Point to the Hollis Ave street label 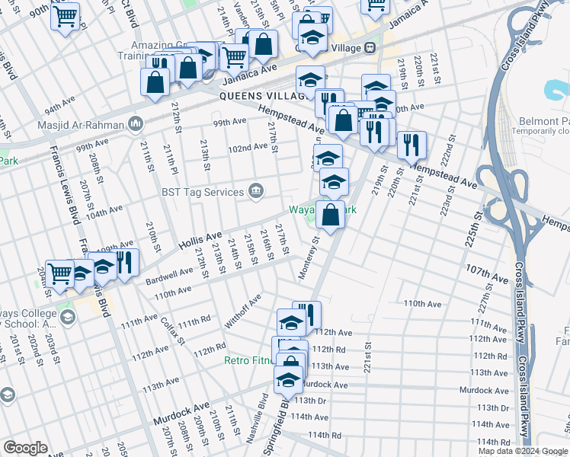(x=199, y=239)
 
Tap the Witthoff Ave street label (x=243, y=311)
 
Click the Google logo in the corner (x=25, y=448)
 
